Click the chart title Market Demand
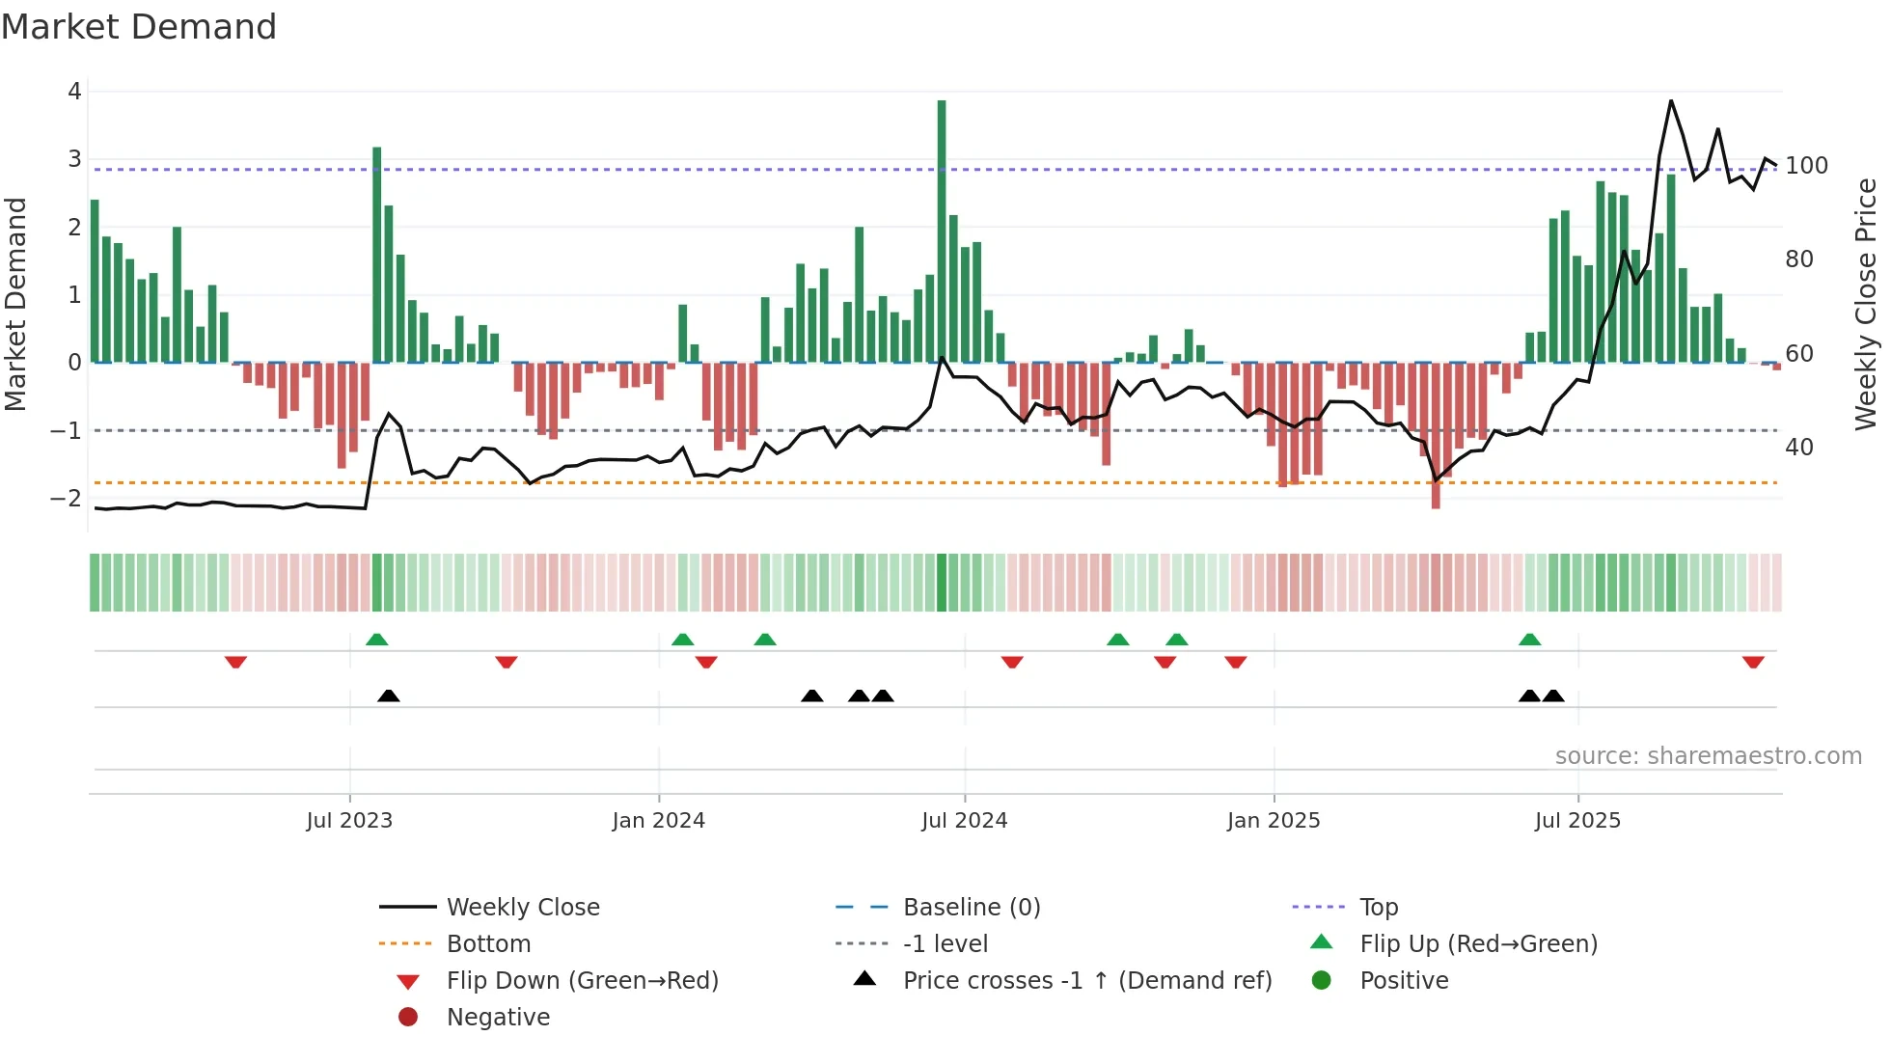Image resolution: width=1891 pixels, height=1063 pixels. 139,27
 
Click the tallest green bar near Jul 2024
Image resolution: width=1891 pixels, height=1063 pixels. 942,232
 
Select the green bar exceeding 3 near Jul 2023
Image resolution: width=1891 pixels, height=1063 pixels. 377,256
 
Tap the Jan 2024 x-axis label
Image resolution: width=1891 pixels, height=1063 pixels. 659,821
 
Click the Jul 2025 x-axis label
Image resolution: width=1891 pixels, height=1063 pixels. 1578,821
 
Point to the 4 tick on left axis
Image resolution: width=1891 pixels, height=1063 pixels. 74,92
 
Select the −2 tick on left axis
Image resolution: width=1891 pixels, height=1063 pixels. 67,499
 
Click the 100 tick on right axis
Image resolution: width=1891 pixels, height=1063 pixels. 1806,166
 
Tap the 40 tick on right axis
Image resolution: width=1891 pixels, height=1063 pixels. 1798,448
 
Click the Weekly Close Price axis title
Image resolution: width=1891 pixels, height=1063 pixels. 1866,304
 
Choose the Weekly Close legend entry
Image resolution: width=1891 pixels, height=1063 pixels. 523,908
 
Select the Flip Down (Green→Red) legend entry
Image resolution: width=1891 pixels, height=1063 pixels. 582,981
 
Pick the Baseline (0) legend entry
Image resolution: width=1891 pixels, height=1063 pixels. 971,908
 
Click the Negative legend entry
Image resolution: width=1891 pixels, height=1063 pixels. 498,1018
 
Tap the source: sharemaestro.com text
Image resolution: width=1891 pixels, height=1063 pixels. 1708,756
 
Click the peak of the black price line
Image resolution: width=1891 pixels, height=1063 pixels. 1671,101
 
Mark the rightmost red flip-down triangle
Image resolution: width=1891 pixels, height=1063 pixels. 1753,662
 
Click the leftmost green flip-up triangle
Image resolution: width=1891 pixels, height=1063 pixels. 377,640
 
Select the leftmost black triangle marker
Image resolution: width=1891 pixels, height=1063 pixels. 389,695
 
